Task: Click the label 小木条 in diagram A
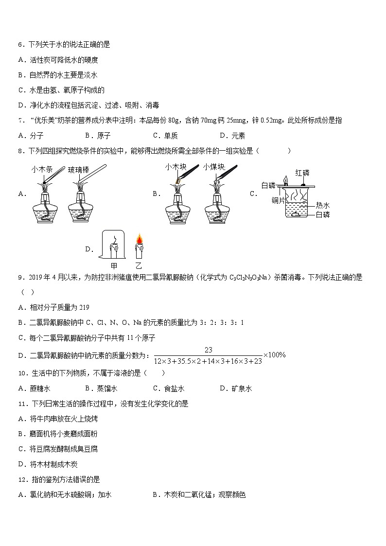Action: [x=41, y=170]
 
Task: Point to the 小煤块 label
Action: [x=214, y=167]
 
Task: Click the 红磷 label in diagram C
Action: [x=302, y=173]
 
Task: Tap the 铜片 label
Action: [x=279, y=200]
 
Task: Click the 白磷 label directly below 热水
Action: [x=323, y=214]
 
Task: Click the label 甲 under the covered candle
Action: [x=114, y=265]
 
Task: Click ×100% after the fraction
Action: [x=275, y=355]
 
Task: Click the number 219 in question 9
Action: [x=84, y=307]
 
